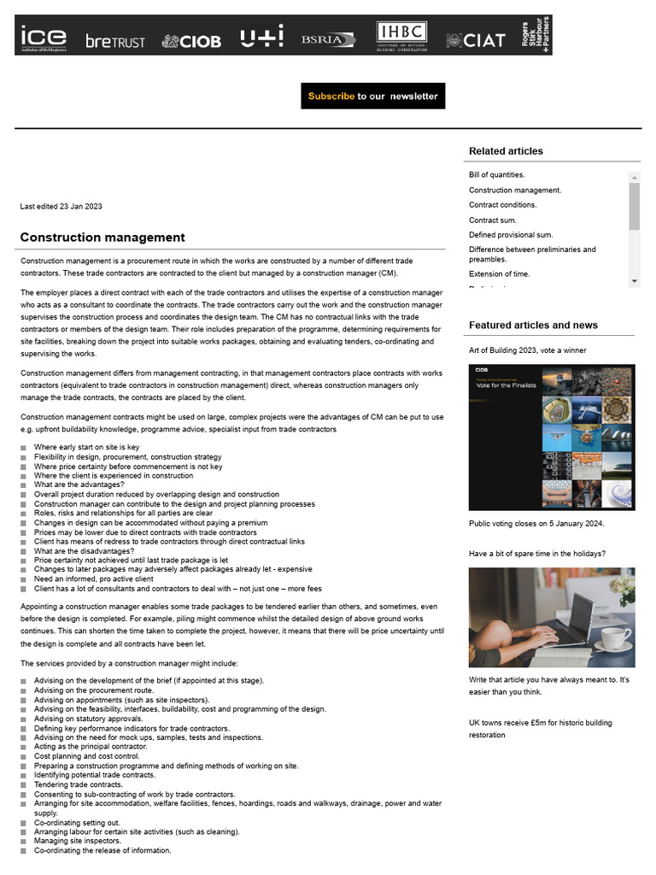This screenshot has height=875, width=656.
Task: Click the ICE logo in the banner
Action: coord(44,37)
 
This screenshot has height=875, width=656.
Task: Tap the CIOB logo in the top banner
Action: coord(191,41)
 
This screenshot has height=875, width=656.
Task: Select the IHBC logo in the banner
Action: coord(401,37)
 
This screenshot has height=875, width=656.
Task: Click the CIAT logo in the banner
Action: coord(476,40)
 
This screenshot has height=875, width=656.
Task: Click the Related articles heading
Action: coord(506,151)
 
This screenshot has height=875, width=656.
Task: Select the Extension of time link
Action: coord(499,274)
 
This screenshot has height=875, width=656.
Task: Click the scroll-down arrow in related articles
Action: coord(635,281)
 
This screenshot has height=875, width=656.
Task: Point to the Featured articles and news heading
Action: coord(533,326)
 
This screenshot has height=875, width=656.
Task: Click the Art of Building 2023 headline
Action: coord(527,350)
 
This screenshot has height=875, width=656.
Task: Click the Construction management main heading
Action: coord(102,238)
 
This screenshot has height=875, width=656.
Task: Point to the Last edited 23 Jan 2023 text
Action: coord(61,207)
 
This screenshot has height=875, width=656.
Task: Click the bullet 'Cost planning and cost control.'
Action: coord(86,756)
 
